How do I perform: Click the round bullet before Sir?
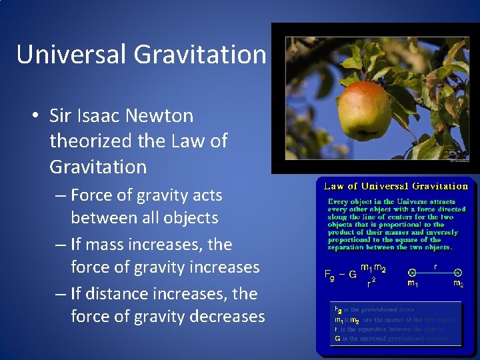click(34, 116)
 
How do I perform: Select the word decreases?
click(227, 316)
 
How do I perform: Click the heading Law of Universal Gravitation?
click(396, 186)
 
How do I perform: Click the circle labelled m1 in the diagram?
click(413, 273)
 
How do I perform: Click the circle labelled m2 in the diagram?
click(458, 273)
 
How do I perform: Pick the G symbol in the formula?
click(353, 274)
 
